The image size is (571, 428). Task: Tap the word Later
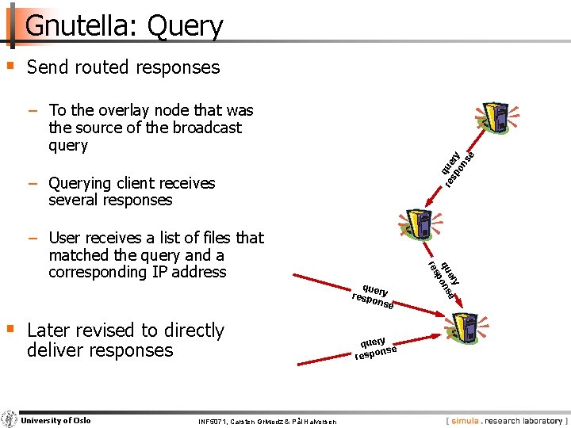click(x=50, y=331)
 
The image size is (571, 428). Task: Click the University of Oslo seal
click(x=10, y=420)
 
